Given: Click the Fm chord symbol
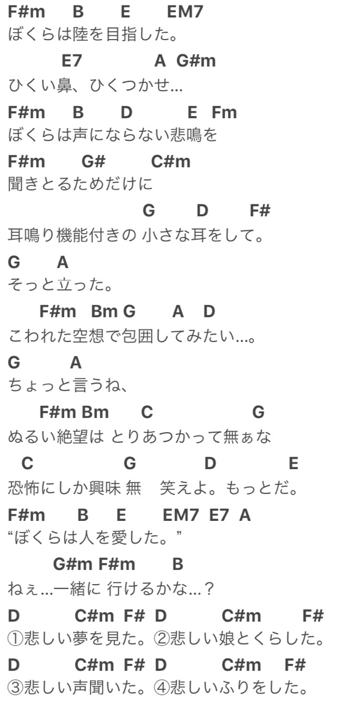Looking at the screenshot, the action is click(224, 112).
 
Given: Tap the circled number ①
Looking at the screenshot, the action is click(16, 639).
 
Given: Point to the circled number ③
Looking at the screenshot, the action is click(16, 689).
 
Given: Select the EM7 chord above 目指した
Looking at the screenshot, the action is click(185, 12).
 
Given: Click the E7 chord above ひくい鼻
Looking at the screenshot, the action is click(71, 62).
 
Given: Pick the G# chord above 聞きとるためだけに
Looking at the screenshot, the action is click(93, 162).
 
